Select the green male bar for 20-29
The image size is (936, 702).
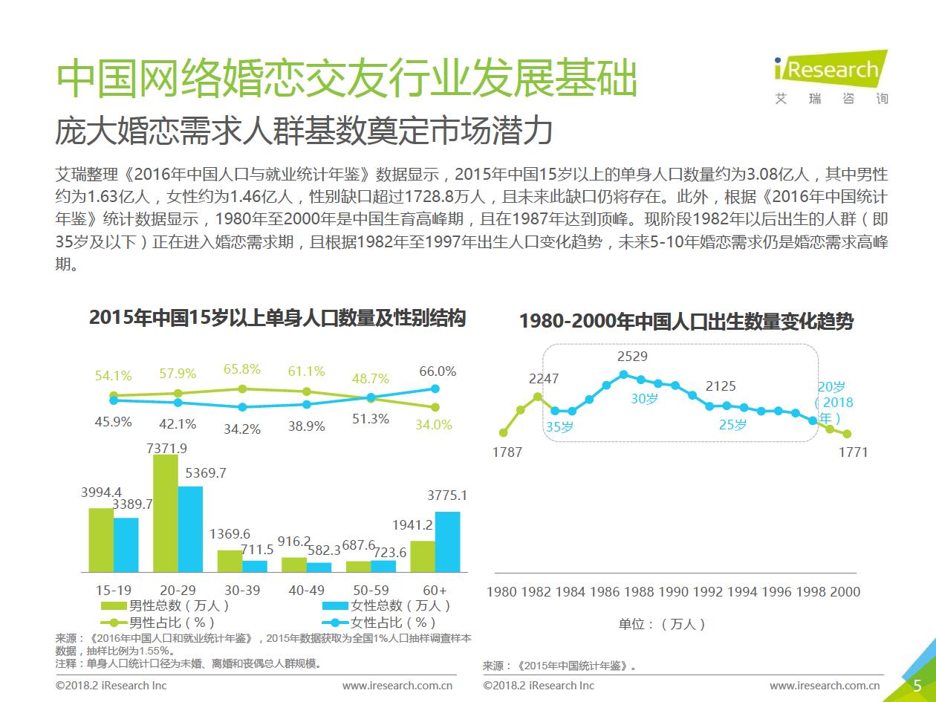[x=166, y=513]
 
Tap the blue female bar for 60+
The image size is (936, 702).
[x=447, y=542]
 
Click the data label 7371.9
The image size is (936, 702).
[x=167, y=448]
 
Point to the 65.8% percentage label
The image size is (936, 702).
[x=242, y=369]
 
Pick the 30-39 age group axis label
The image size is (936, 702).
[x=242, y=590]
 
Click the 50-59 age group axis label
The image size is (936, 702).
[x=371, y=590]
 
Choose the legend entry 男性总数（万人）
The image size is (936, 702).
[x=166, y=605]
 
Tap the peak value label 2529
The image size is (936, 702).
[x=632, y=357]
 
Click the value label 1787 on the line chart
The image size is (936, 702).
[x=507, y=452]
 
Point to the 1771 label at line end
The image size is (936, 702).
[x=853, y=452]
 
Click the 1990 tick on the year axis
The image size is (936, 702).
[x=674, y=591]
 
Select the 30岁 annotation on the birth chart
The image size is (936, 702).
[x=645, y=398]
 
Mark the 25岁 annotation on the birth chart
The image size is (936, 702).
[x=733, y=425]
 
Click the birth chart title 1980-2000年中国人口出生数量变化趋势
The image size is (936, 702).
[x=686, y=322]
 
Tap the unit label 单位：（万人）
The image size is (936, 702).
[x=663, y=624]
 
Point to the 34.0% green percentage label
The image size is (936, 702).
[x=434, y=425]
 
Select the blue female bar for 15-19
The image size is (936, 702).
[x=126, y=545]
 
